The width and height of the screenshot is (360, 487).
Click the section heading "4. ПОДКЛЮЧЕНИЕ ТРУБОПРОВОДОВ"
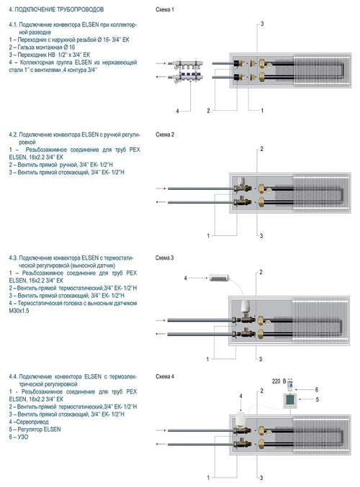[56, 9]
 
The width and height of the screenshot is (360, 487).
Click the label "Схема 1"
[165, 9]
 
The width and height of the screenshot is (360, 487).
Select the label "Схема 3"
[165, 258]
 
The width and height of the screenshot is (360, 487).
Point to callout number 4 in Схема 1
[178, 111]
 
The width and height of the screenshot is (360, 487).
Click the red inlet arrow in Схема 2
[161, 188]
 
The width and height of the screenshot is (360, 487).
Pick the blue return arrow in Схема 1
[161, 77]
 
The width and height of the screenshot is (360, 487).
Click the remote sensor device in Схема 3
[219, 278]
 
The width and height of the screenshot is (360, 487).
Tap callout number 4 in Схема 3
[186, 278]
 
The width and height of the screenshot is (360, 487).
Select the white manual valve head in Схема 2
[241, 181]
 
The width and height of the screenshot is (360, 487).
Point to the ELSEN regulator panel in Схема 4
[290, 401]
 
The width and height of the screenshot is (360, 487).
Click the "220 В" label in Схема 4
[279, 381]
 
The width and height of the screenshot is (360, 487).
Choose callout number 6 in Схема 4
[317, 389]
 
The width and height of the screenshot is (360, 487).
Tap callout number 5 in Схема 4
[317, 399]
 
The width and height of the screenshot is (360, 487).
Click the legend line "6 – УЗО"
[19, 437]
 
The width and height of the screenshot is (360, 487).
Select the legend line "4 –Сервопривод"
[29, 422]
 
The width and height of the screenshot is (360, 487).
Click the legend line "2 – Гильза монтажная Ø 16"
[42, 47]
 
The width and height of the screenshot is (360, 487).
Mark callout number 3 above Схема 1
[262, 24]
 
